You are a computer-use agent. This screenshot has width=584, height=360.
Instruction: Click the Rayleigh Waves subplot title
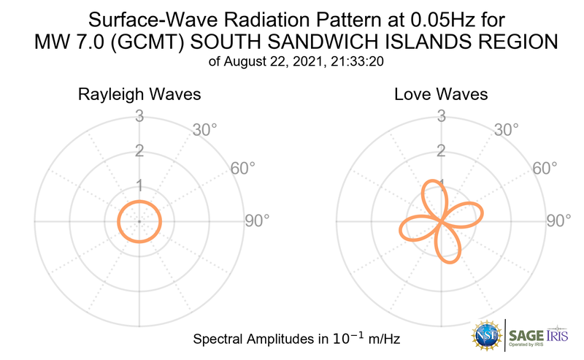tap(139, 95)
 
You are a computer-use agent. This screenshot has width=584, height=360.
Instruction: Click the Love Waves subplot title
tap(441, 95)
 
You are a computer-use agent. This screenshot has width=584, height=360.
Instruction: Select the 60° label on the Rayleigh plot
tap(243, 169)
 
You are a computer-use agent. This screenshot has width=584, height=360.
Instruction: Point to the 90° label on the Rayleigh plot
tap(257, 221)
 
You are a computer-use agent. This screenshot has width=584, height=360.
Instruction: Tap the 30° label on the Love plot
tap(506, 131)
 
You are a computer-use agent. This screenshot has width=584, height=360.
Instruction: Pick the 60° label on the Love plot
tap(544, 169)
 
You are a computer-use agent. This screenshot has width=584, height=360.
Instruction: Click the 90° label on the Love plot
tap(558, 221)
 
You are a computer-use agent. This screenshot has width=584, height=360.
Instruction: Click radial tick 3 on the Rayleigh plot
tap(139, 116)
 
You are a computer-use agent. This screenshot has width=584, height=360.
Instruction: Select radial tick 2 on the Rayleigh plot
tap(139, 150)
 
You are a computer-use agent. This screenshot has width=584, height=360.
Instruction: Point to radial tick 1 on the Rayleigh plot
tap(139, 185)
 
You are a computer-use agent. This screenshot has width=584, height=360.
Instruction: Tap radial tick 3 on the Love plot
tap(440, 116)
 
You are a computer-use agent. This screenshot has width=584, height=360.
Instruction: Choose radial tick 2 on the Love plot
tap(440, 150)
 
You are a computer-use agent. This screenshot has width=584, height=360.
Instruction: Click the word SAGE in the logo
tap(526, 336)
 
